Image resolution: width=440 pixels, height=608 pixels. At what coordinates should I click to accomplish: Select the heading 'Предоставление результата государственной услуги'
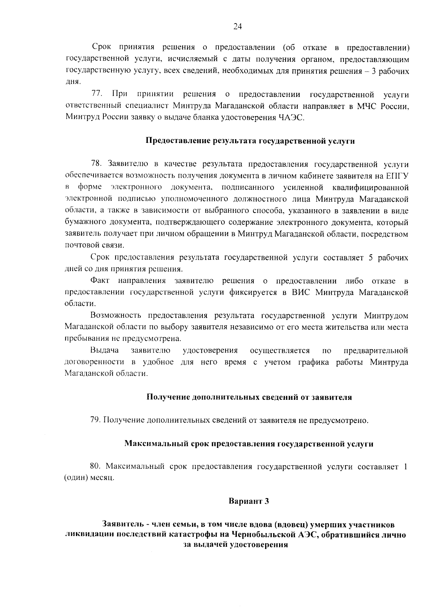pos(250,141)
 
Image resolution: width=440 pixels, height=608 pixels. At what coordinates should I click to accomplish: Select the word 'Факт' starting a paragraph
pos(100,281)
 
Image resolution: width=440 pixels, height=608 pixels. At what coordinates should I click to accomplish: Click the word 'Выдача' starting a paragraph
pos(102,351)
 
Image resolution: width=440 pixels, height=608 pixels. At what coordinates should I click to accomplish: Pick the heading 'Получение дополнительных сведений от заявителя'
pos(249,397)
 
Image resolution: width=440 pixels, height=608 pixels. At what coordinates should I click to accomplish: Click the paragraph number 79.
pos(95,420)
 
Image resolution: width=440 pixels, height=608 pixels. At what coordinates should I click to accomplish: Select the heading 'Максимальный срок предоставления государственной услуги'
pos(249,444)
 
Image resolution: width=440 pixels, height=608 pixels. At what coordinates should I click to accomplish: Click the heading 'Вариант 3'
pos(249,502)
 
